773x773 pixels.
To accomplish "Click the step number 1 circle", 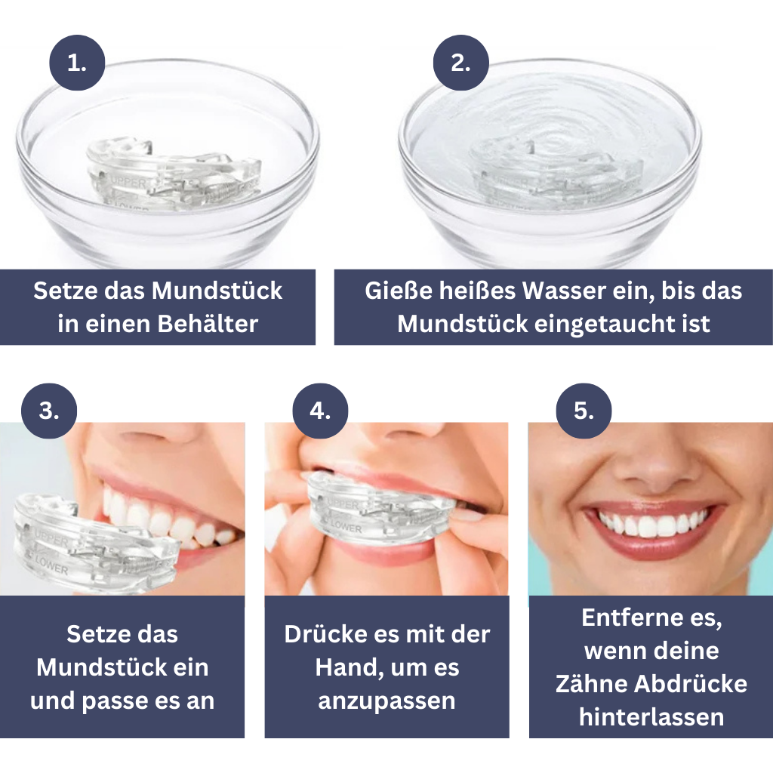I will pos(77,63).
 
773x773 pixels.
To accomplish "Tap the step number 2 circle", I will pos(461,63).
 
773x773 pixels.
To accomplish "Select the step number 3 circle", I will pos(49,411).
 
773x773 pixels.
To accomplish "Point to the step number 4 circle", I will pos(321,411).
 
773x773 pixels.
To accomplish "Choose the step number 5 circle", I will pos(584,411).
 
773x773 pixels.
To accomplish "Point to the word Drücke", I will pos(325,634).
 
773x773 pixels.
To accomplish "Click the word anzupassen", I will pos(386,701).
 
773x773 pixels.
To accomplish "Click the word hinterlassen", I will pos(651,717).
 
